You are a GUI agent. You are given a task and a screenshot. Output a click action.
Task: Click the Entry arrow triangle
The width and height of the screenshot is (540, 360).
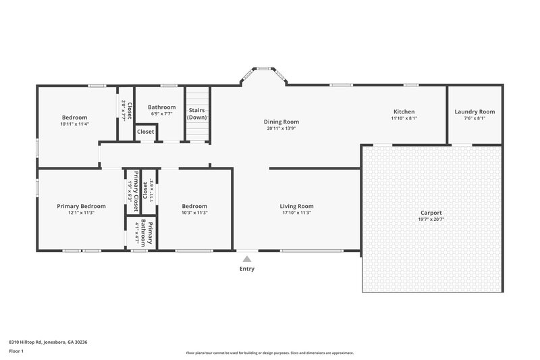[x=247, y=258]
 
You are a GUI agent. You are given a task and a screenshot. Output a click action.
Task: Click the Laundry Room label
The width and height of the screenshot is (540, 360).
[x=475, y=111]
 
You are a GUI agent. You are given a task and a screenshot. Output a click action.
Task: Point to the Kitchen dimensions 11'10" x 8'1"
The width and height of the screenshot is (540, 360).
[x=404, y=118]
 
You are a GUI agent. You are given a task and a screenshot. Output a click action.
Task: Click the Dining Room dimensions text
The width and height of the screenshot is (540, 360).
[x=281, y=128]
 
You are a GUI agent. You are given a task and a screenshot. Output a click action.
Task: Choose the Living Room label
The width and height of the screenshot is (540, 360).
[x=297, y=206]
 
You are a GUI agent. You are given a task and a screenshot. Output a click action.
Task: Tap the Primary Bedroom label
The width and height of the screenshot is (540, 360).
[x=81, y=206]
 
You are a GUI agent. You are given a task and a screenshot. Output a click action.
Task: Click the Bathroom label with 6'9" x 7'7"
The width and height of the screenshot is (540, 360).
[x=162, y=107]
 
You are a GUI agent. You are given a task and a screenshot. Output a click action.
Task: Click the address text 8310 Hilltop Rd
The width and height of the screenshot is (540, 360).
[x=48, y=342]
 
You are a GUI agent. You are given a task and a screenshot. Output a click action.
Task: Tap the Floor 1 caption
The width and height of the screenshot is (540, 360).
[x=16, y=351]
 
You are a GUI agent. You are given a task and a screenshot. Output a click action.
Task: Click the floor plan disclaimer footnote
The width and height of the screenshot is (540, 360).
[x=270, y=353]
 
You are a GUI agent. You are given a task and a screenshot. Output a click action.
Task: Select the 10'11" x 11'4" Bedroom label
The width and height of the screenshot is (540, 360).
[x=74, y=118]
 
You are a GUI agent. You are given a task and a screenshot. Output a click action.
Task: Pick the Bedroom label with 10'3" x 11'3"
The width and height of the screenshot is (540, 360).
[x=194, y=206]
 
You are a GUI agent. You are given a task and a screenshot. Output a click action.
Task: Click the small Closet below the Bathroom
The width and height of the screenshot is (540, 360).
[x=146, y=132]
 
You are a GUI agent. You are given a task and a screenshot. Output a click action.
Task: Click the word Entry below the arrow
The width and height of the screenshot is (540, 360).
[x=247, y=269]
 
